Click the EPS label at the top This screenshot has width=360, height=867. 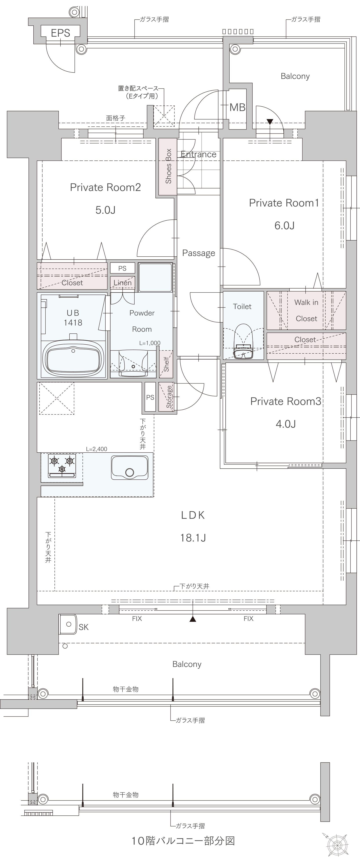(61, 33)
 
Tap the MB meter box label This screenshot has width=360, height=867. (238, 107)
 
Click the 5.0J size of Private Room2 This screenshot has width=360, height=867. (105, 210)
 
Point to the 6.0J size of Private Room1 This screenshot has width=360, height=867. (284, 225)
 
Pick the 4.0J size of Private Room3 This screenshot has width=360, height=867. (286, 424)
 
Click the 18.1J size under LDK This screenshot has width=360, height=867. (193, 538)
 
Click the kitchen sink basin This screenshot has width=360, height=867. (129, 468)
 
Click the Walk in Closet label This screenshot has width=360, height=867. (306, 310)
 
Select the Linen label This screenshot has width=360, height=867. (122, 283)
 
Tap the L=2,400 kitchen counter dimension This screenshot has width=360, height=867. (97, 449)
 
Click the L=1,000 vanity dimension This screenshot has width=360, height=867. (150, 343)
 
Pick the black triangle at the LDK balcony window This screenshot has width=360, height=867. (193, 619)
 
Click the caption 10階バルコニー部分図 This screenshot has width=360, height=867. (183, 841)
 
